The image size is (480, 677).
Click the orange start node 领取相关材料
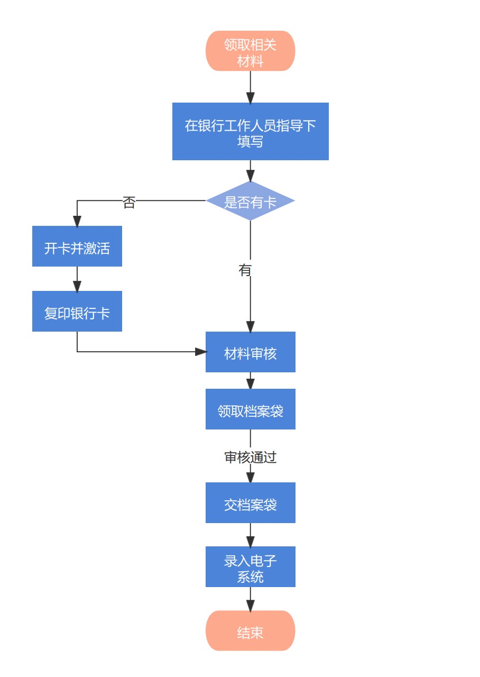[x=250, y=51]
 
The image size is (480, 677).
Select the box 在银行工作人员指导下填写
[x=250, y=131]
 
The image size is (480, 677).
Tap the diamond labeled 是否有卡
[x=250, y=201]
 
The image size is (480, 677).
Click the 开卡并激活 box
[x=77, y=246]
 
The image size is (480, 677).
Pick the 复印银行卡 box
[x=77, y=312]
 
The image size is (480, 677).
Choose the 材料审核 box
[x=250, y=352]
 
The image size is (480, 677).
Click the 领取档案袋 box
[x=250, y=409]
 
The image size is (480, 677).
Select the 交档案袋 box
[x=250, y=503]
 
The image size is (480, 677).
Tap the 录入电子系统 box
[x=250, y=567]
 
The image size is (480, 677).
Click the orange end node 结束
[x=250, y=631]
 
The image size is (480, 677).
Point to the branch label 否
[x=129, y=202]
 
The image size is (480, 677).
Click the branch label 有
[x=245, y=270]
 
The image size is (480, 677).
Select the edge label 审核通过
[x=250, y=458]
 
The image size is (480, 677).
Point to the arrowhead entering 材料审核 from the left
[x=200, y=352]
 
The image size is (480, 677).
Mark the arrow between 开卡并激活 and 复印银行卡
[x=77, y=279]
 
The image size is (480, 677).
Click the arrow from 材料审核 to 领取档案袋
[x=250, y=381]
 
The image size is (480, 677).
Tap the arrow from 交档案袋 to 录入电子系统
[x=250, y=535]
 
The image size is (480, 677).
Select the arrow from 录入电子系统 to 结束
[x=250, y=599]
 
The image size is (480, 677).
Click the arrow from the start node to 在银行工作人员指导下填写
[x=250, y=87]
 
